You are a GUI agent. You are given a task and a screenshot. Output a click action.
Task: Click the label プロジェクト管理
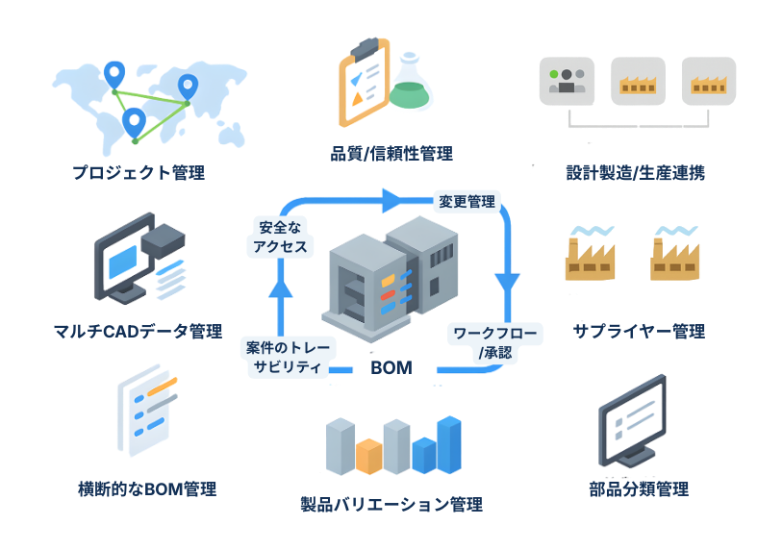point(139,174)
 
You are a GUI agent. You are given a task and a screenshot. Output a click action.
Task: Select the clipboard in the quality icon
point(364,81)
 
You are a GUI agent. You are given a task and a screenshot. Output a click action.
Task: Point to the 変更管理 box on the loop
point(467,202)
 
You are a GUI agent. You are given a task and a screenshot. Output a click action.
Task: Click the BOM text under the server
point(391,368)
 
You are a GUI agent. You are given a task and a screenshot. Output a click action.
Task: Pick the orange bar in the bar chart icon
point(368,456)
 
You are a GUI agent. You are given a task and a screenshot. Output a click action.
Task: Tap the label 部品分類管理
point(639,489)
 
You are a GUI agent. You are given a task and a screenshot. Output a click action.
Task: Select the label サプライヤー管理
point(639,332)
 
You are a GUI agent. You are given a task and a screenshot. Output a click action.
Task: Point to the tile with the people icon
point(567,81)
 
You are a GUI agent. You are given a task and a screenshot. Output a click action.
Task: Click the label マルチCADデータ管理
point(139,333)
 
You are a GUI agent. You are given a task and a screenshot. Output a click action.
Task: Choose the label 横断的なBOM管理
point(146,489)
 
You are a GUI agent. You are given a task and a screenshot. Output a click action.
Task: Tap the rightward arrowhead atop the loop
point(390,200)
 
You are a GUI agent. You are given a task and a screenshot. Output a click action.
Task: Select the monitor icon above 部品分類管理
point(633,419)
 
